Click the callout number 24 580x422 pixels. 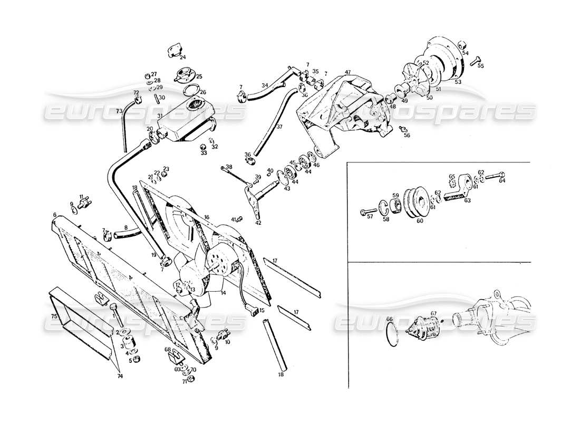[182, 57]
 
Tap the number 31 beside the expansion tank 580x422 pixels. [160, 116]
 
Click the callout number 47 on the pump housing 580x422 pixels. [347, 72]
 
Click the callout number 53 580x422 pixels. [457, 82]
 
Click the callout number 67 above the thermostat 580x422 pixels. [433, 314]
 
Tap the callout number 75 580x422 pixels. [54, 316]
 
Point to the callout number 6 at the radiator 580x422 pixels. [54, 214]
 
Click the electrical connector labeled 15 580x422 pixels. [255, 310]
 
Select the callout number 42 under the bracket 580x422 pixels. [258, 223]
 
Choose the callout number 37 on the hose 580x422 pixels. [279, 127]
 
